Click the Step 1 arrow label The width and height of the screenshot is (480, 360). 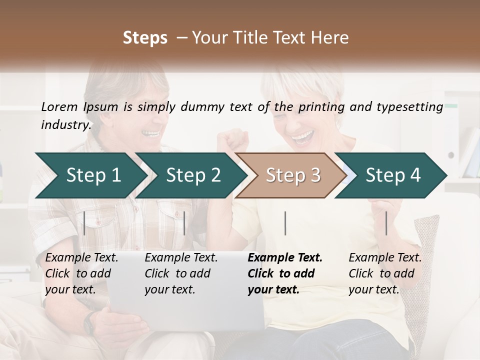(x=93, y=175)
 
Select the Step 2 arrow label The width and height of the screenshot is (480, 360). (x=193, y=175)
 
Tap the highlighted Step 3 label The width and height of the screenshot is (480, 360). (x=293, y=175)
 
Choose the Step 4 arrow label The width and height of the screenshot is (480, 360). (x=393, y=175)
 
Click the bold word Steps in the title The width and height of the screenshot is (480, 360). (x=145, y=38)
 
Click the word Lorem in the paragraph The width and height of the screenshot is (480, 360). (x=59, y=106)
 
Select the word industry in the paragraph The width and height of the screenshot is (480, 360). (x=66, y=124)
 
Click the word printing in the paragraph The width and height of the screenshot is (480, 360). (x=321, y=106)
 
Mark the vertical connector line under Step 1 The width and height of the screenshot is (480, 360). (x=84, y=223)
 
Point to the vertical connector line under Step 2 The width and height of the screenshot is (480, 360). (x=184, y=223)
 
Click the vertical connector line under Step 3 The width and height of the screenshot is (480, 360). (x=285, y=223)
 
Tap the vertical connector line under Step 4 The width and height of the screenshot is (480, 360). (x=386, y=223)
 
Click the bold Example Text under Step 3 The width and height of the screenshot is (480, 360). (x=285, y=257)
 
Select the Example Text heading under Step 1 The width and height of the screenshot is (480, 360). (x=81, y=257)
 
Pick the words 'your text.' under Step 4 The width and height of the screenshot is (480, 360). (x=373, y=289)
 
